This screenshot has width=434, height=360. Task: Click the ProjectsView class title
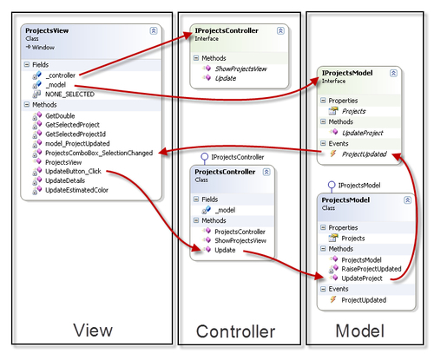(x=47, y=30)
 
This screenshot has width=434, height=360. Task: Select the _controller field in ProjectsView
(x=61, y=75)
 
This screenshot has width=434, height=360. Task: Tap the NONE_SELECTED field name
(x=69, y=95)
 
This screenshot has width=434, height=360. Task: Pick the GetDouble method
(x=60, y=116)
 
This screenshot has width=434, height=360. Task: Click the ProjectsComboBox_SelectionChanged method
(x=99, y=153)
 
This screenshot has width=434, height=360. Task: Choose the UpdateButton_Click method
(x=73, y=172)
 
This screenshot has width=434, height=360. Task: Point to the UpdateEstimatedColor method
(x=76, y=190)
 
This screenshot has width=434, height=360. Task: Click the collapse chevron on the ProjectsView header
(x=154, y=30)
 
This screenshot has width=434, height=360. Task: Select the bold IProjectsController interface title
(x=227, y=30)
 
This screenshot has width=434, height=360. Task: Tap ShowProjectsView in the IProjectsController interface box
(x=240, y=69)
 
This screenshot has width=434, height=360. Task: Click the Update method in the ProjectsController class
(x=225, y=250)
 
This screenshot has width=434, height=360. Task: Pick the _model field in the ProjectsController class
(x=225, y=210)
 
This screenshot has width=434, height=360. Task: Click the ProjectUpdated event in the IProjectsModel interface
(x=364, y=154)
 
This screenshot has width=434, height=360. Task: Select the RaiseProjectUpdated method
(x=372, y=269)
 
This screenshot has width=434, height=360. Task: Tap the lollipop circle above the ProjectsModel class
(x=332, y=185)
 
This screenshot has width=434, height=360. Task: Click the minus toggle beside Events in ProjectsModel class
(x=323, y=289)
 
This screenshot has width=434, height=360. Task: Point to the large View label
(x=93, y=331)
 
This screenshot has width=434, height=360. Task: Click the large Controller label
(x=235, y=331)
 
